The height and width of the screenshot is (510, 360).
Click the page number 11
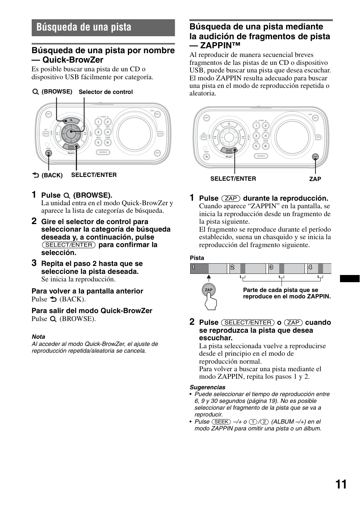340,484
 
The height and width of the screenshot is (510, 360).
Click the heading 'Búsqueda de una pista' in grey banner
84,28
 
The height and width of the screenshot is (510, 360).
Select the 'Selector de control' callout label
106,92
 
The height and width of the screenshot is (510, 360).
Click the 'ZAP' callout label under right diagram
315,179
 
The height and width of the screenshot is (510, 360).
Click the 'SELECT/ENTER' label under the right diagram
233,179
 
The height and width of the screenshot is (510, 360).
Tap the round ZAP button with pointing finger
209,290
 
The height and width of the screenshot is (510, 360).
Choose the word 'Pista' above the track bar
197,258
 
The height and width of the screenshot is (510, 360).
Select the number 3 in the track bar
271,268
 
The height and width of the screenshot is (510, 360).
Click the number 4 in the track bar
310,268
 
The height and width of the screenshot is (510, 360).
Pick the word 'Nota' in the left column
38,337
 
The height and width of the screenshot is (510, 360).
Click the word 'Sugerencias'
207,387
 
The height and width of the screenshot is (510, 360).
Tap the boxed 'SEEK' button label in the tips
222,422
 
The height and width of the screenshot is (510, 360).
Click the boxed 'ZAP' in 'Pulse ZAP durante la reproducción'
231,198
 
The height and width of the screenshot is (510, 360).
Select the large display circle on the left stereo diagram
129,134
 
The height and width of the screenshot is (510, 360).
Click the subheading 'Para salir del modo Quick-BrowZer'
92,311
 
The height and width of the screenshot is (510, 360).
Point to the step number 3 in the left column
34,263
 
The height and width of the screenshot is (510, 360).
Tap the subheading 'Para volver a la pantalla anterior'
87,291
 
